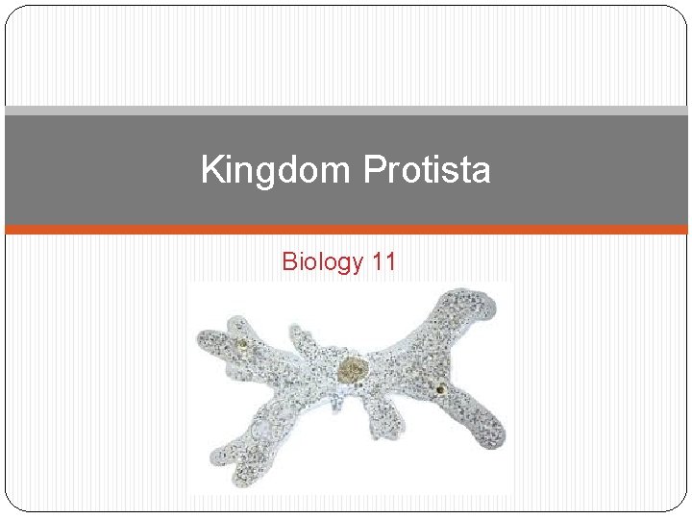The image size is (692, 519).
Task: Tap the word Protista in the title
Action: [428, 171]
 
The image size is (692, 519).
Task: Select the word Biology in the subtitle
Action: [320, 260]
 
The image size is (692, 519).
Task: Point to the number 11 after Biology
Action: [381, 260]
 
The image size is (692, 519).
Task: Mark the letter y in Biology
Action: [353, 263]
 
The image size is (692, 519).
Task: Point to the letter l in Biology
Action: [314, 260]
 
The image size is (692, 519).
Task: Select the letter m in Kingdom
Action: [339, 173]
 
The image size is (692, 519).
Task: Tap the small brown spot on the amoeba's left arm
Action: [243, 343]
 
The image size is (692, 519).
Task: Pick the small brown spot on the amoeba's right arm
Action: [439, 389]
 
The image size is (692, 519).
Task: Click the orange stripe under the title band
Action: [346, 230]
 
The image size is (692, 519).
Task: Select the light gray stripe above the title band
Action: [346, 111]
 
